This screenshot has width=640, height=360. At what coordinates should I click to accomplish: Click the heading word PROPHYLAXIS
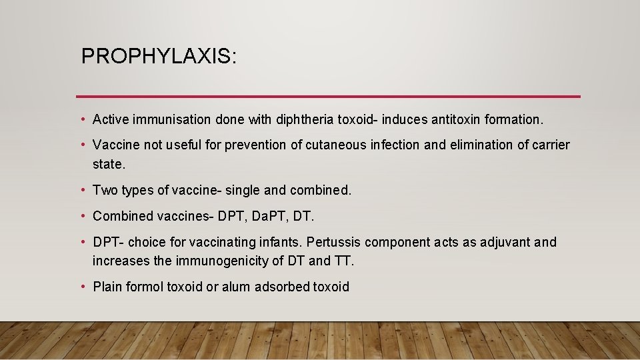coord(158,56)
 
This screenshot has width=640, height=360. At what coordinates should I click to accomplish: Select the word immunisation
coord(172,120)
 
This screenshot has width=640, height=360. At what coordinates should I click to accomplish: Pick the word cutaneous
coord(334,145)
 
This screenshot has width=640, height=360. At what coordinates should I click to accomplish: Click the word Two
coord(105,190)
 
